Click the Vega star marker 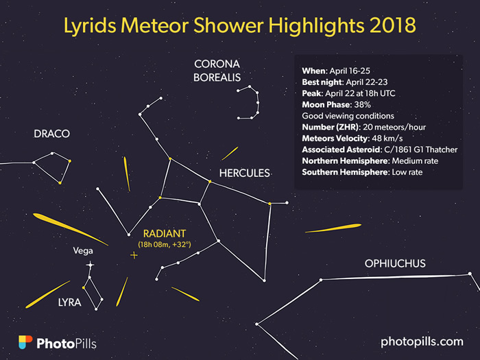pos(90,265)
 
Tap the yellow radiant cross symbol pos(134,255)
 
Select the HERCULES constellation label pos(244,173)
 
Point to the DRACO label pos(51,134)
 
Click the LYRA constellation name pos(70,302)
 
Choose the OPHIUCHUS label pos(395,263)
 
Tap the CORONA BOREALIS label pos(217,71)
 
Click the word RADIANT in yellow pos(165,234)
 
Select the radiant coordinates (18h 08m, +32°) pos(165,245)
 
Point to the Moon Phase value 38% pos(363,105)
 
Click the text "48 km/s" pos(387,139)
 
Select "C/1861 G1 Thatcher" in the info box pos(421,149)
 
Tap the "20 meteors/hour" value pos(394,127)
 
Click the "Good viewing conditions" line pos(348,116)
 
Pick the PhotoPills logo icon pos(25,342)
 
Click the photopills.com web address pos(422,342)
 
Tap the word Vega pos(83,251)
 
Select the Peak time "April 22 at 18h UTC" pos(360,93)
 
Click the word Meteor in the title pos(154,25)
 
